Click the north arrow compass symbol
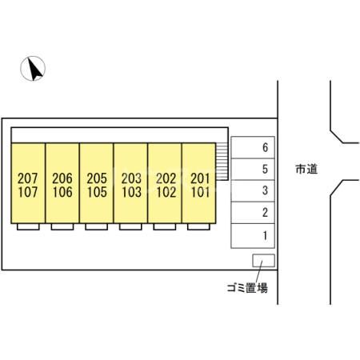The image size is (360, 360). (x=33, y=69)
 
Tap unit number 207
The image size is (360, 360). (x=28, y=178)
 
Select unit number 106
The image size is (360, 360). (x=62, y=192)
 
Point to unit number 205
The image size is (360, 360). (x=97, y=178)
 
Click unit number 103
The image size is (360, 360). (x=131, y=192)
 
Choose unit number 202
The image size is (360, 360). (x=166, y=178)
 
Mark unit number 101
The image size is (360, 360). (x=200, y=192)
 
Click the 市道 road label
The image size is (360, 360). (x=306, y=169)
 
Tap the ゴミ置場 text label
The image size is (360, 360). (x=247, y=288)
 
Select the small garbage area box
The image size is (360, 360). (x=263, y=261)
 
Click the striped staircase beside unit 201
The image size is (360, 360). (x=222, y=161)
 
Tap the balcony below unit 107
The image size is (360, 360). (x=28, y=226)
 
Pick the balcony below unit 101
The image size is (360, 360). (x=198, y=226)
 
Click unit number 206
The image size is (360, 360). (x=62, y=178)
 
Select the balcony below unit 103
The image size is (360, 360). (x=130, y=226)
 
